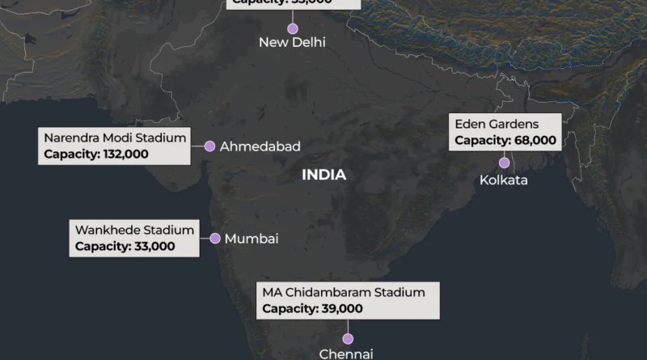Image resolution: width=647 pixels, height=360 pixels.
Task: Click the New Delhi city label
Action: click(x=292, y=42)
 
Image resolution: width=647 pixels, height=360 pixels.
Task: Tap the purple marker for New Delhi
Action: click(x=292, y=28)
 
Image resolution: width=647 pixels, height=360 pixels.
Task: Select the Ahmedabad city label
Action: click(x=260, y=146)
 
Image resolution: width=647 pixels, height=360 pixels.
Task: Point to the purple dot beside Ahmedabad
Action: click(x=209, y=146)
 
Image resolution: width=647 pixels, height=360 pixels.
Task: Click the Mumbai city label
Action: click(x=252, y=239)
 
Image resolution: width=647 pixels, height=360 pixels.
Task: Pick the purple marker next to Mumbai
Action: click(x=215, y=239)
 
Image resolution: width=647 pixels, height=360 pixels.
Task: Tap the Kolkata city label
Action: click(x=503, y=180)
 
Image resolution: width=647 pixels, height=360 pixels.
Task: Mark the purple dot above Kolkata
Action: click(x=504, y=163)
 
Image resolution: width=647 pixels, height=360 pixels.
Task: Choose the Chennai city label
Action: click(x=346, y=354)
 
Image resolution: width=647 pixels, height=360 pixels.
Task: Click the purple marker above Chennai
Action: click(x=348, y=339)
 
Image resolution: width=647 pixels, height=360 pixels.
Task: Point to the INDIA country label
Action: click(x=323, y=175)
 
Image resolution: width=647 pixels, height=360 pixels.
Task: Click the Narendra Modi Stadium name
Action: click(x=115, y=138)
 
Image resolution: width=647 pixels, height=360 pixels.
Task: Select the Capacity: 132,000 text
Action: click(x=96, y=154)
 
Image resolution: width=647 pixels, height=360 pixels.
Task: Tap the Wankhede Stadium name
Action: click(x=134, y=230)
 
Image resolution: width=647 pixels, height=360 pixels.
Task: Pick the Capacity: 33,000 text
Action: click(x=125, y=246)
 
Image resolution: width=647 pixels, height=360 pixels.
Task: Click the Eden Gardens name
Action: click(x=497, y=124)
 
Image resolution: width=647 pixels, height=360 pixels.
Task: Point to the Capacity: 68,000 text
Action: click(x=505, y=140)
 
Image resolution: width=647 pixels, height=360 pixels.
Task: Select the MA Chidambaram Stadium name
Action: click(x=343, y=291)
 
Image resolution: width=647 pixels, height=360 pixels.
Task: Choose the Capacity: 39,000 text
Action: click(x=312, y=308)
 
